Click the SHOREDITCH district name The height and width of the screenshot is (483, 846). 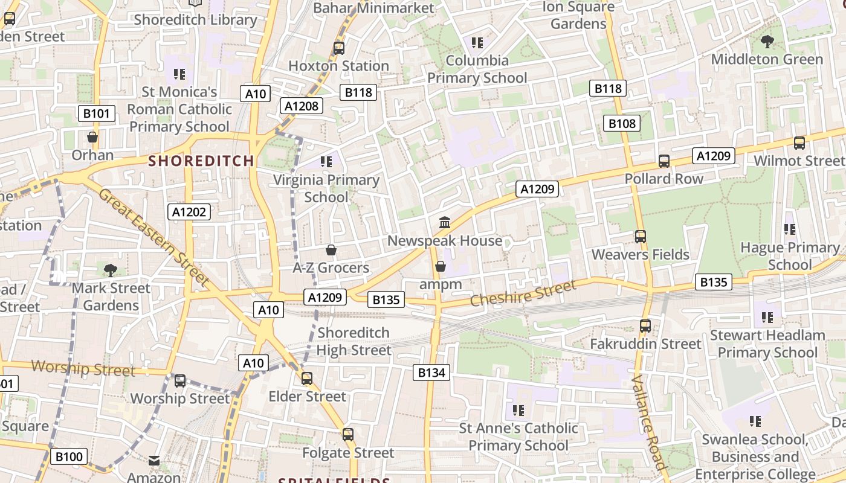(201, 161)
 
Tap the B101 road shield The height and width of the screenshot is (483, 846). (97, 114)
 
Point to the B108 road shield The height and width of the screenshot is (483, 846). (622, 124)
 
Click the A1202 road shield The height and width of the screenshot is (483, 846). (189, 212)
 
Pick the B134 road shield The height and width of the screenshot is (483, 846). (431, 373)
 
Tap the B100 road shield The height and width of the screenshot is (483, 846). (68, 456)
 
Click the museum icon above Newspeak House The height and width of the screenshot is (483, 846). (445, 222)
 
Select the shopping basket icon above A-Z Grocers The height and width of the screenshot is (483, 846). (331, 250)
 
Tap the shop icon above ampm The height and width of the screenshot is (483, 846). (441, 266)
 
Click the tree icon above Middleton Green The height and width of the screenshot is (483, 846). (767, 42)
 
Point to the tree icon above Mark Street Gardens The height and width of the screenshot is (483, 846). (111, 270)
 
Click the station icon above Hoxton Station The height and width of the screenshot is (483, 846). (338, 48)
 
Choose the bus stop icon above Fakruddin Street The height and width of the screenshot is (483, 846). (645, 326)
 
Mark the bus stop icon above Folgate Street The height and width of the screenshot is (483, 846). (348, 435)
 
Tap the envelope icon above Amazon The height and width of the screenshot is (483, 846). (154, 461)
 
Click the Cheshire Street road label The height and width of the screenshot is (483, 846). (523, 293)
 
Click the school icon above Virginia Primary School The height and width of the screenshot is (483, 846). (326, 162)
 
